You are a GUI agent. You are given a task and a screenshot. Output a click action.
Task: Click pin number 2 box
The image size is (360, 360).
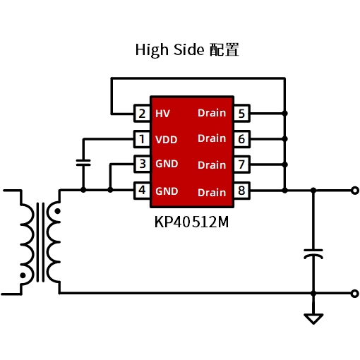click(142, 114)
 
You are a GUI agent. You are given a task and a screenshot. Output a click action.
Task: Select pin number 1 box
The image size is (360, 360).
click(142, 139)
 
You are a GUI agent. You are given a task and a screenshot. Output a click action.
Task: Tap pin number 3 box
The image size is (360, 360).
click(142, 164)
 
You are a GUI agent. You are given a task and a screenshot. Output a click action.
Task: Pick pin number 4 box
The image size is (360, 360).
click(142, 191)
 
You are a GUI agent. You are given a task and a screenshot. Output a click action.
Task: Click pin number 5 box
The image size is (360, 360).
click(241, 114)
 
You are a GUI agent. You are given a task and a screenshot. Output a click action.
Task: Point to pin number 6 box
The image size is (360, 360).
click(241, 139)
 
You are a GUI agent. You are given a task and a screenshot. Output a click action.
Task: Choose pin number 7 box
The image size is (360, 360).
click(241, 164)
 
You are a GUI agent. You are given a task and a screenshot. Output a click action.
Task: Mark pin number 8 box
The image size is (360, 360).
click(241, 191)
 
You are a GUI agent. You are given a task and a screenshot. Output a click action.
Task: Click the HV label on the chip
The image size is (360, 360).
click(162, 114)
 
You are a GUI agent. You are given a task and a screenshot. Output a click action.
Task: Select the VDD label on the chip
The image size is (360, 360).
click(167, 140)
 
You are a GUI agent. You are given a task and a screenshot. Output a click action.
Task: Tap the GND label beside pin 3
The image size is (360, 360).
click(167, 164)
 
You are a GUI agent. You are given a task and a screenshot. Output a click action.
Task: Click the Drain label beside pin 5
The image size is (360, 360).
click(212, 113)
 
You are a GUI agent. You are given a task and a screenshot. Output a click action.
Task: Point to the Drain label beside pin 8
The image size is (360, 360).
click(212, 193)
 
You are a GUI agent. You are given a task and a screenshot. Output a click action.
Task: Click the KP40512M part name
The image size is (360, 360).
click(191, 222)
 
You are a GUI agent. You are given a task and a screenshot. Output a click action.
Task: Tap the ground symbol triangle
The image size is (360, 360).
click(313, 319)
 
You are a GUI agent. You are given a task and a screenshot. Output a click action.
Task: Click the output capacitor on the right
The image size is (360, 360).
click(313, 254)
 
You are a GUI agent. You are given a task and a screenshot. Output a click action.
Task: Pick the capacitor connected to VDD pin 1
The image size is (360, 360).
click(83, 162)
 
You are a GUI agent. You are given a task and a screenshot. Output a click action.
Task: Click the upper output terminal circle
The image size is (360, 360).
click(355, 191)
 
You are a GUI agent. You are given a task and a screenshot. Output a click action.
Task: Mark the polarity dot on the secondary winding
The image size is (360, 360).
click(57, 211)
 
